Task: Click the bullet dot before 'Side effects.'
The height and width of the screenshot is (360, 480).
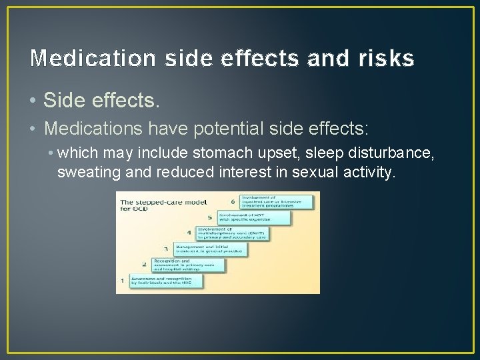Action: [34, 101]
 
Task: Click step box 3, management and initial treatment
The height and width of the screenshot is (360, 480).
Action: [210, 248]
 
